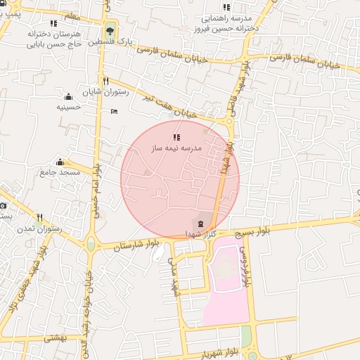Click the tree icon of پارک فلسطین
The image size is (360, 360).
click(x=110, y=31)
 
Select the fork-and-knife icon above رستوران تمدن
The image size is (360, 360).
click(x=40, y=217)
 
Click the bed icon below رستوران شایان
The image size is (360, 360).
click(x=115, y=111)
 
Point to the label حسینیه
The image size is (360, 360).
click(x=69, y=108)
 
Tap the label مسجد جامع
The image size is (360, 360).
click(x=60, y=172)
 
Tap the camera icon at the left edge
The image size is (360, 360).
click(x=3, y=206)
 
